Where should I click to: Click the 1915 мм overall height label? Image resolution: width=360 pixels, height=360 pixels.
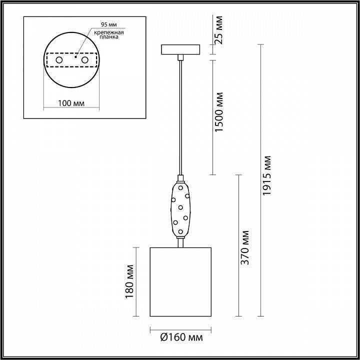267,175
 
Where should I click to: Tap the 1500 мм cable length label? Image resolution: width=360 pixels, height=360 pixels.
219,112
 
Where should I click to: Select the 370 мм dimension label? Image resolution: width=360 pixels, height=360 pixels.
245,247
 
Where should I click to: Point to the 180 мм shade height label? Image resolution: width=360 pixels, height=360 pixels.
129,281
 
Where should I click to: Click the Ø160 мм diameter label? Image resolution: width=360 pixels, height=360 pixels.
181,337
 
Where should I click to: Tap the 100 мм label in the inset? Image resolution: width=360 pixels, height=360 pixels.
71,103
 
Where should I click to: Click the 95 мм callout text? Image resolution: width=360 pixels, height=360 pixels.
109,24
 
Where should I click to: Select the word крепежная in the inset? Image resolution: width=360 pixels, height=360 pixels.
109,32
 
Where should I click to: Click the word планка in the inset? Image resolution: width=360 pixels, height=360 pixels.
109,37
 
